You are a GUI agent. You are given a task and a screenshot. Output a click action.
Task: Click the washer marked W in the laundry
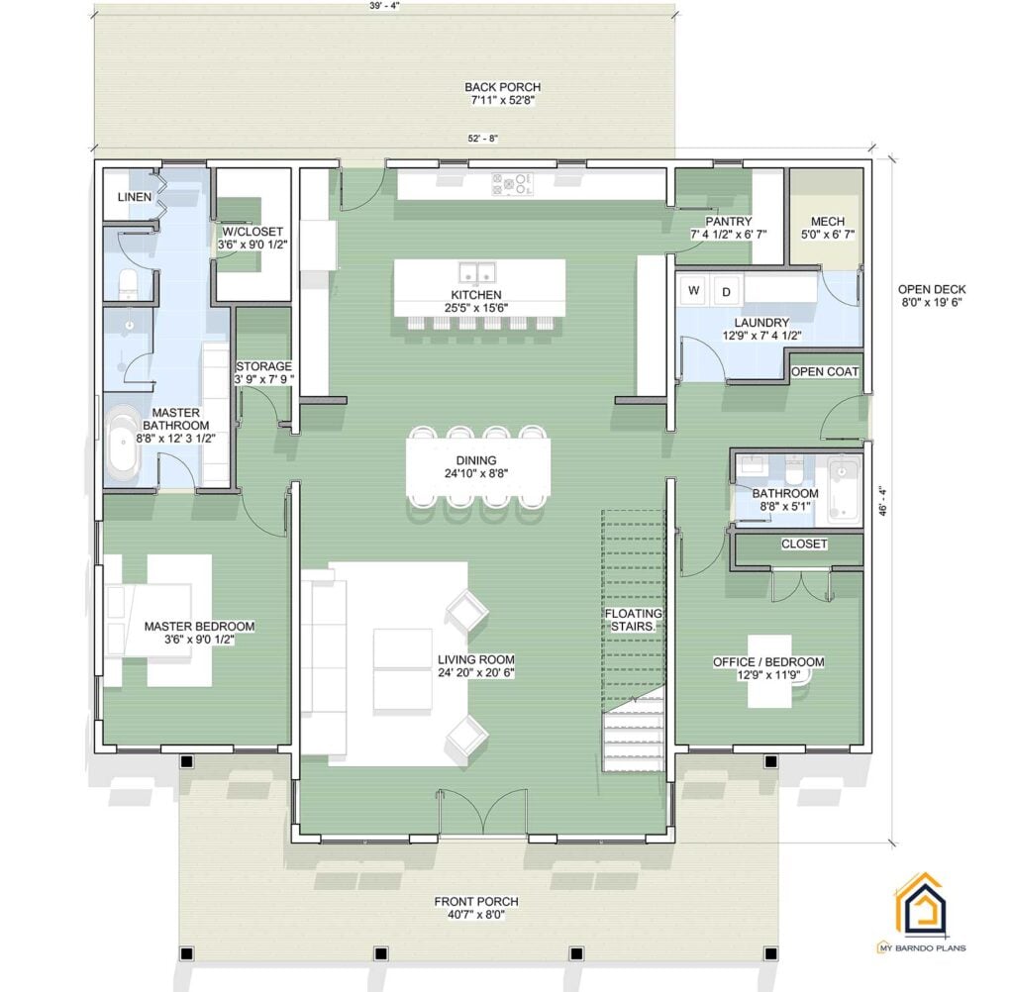693,291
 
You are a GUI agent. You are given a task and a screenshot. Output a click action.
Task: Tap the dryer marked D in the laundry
725,291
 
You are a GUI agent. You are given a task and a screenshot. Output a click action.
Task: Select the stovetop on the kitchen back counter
512,184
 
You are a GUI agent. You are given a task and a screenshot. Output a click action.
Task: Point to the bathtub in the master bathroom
125,442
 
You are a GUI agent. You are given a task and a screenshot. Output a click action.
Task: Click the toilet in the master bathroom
128,283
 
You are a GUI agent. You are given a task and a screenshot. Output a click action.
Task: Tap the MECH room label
827,221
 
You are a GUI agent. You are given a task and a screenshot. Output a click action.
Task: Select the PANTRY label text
728,222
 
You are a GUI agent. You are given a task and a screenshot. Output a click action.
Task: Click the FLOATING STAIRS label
634,620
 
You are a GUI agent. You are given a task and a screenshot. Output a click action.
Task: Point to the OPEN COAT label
825,371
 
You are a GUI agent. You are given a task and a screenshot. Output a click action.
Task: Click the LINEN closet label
135,197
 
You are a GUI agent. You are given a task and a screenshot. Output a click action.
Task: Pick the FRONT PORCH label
475,902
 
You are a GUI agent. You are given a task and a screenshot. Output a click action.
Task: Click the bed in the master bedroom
158,620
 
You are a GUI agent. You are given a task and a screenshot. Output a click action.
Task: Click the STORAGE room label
262,366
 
